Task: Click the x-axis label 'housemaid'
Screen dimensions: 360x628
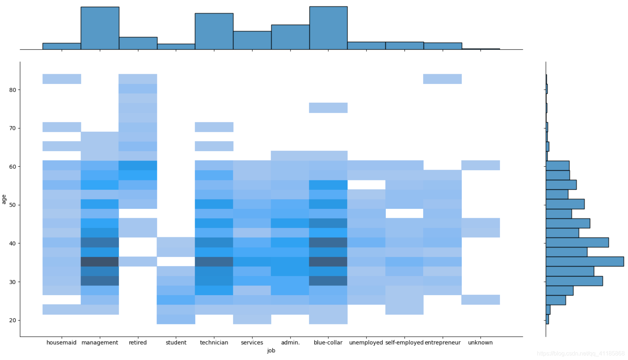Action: (x=61, y=342)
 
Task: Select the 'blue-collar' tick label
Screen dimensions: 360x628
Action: (x=328, y=342)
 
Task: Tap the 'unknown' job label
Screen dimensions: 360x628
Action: (x=480, y=342)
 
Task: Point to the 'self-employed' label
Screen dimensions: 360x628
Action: (x=404, y=342)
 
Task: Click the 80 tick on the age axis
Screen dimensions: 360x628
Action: (x=13, y=90)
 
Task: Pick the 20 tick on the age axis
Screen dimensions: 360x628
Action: (x=13, y=320)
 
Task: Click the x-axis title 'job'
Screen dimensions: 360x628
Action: (x=271, y=350)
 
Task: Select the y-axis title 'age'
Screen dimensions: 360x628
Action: (x=4, y=199)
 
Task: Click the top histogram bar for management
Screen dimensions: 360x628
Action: (x=100, y=28)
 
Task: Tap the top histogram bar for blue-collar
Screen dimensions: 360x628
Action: (x=328, y=28)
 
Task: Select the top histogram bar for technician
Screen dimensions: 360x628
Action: (x=214, y=31)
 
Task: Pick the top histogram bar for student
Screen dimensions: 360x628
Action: (x=176, y=46)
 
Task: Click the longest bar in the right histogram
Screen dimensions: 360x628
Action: (x=584, y=261)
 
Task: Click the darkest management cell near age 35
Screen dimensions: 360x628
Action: (x=100, y=261)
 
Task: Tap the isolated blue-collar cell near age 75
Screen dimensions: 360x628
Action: (x=328, y=108)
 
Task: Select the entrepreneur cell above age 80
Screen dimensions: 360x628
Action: (x=442, y=79)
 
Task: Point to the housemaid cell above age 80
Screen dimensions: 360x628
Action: (x=62, y=79)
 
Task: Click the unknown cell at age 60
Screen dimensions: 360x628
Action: (x=480, y=165)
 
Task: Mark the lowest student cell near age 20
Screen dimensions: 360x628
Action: (x=176, y=319)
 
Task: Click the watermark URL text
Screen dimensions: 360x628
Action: (x=580, y=354)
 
